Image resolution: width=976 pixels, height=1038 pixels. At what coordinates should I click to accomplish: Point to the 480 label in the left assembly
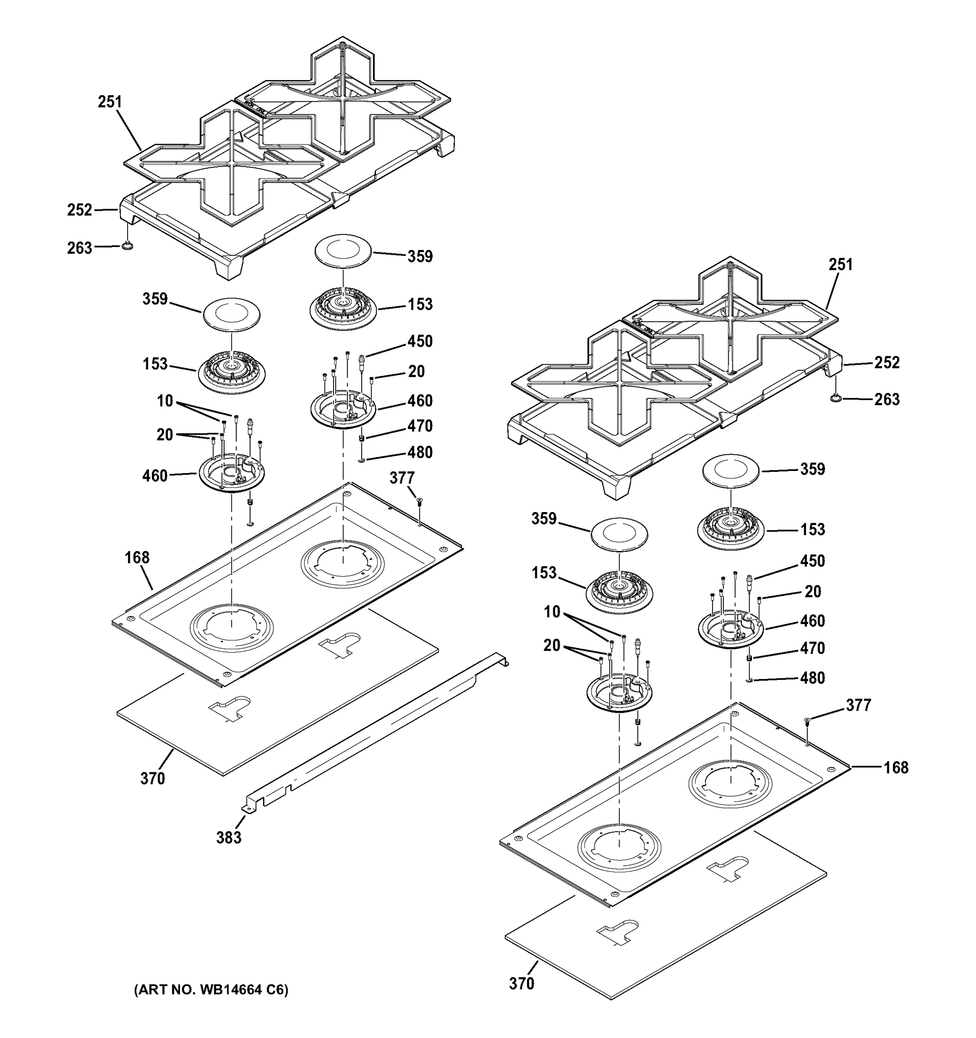[x=420, y=452]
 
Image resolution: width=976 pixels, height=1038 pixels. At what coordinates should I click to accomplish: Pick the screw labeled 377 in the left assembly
[x=419, y=501]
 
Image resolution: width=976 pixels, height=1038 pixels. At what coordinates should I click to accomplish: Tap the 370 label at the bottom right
[x=522, y=983]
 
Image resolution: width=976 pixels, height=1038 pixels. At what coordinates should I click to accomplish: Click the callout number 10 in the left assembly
[x=164, y=400]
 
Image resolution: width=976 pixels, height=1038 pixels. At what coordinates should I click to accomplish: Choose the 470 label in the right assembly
[x=812, y=648]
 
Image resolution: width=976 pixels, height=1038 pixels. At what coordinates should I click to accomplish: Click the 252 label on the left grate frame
[x=79, y=209]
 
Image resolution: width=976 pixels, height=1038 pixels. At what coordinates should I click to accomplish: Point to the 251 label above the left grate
[x=109, y=102]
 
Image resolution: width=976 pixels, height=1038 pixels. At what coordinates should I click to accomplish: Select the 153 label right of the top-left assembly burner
[x=420, y=304]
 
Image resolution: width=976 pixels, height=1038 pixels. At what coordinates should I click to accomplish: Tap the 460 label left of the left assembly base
[x=154, y=475]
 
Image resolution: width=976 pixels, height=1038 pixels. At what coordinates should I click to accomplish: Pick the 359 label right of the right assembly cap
[x=812, y=468]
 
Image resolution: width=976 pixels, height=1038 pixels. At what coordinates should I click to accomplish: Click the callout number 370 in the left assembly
[x=152, y=778]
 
